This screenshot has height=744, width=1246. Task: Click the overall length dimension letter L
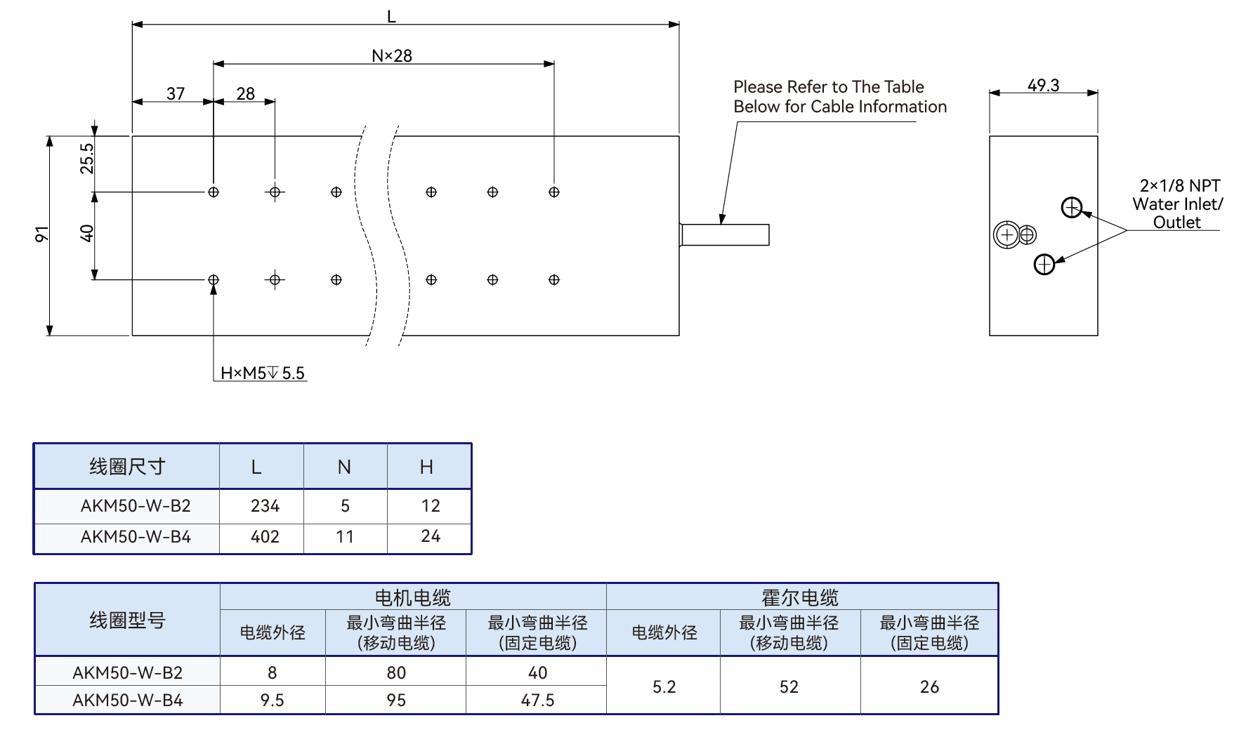click(391, 16)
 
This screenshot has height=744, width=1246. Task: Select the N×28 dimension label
click(392, 55)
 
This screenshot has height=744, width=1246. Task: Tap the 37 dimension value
click(176, 93)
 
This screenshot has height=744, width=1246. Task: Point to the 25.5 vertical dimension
click(86, 158)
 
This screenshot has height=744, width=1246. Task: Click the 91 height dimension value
click(42, 234)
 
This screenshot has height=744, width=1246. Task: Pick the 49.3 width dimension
click(1043, 85)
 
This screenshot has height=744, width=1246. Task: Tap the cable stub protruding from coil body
click(724, 234)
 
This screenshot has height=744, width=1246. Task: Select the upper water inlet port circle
click(1072, 208)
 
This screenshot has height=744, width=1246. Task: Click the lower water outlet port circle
click(1044, 264)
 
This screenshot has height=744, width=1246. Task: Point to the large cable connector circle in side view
click(1006, 235)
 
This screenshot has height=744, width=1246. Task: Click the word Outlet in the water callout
click(1176, 222)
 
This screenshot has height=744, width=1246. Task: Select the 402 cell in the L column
click(265, 537)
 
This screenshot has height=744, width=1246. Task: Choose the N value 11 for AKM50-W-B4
click(345, 537)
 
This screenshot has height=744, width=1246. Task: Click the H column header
click(426, 467)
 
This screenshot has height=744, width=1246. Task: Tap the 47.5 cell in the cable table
click(537, 700)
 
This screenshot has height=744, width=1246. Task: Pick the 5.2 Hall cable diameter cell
click(664, 686)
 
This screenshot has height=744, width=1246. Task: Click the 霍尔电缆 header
click(800, 597)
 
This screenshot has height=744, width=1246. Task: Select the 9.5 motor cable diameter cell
click(272, 700)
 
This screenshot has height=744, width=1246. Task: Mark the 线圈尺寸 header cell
click(127, 467)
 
